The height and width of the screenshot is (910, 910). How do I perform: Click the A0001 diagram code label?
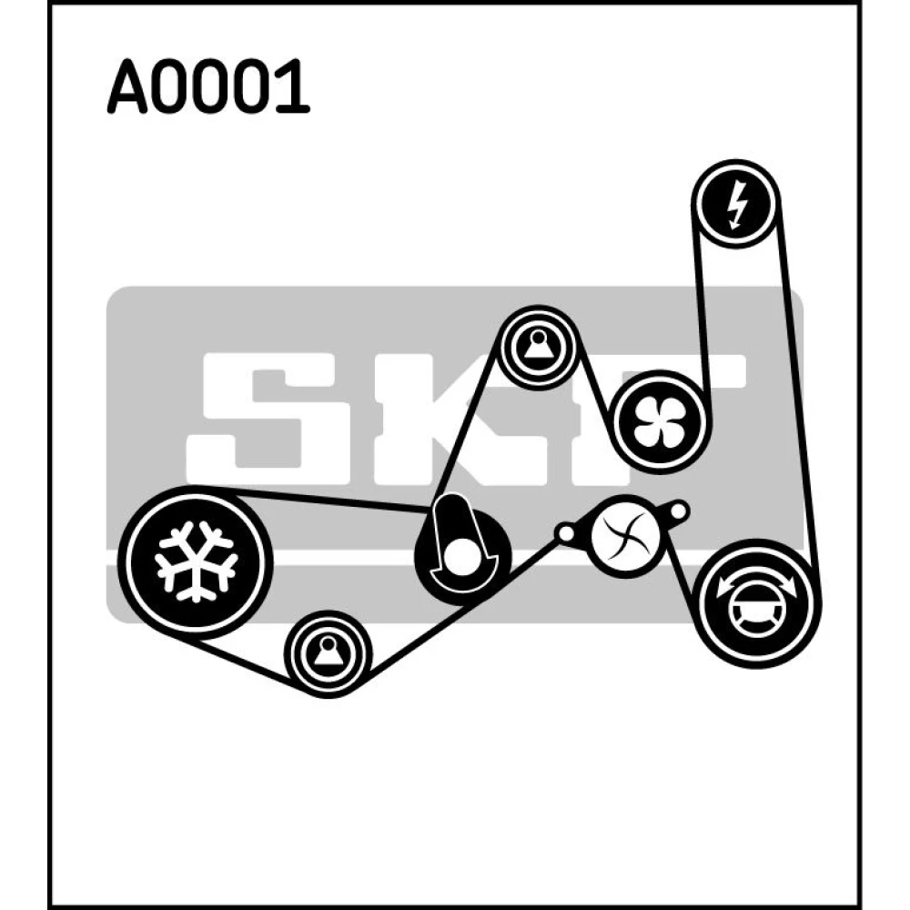point(208,86)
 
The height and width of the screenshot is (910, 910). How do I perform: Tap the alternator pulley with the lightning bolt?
point(736,204)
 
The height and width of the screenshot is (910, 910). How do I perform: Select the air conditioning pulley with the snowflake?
point(196,561)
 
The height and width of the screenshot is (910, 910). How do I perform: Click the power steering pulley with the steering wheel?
point(756,603)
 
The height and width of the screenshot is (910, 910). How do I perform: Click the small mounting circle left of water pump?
point(565,532)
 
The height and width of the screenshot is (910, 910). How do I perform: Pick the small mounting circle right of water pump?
point(678,511)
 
